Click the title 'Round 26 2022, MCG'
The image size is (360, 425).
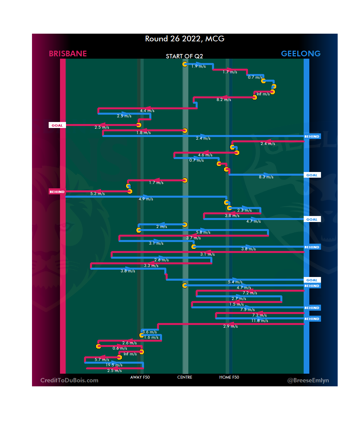coord(185,39)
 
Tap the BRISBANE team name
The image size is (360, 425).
coord(68,54)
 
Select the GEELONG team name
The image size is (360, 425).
coord(301,54)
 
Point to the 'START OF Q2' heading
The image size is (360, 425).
coord(184,56)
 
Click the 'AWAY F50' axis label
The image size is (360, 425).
coord(140,377)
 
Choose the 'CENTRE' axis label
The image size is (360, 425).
coord(185,377)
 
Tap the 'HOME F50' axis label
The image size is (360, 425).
coord(229,377)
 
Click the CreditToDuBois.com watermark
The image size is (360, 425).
coord(69,380)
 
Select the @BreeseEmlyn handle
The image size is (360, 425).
coord(308,380)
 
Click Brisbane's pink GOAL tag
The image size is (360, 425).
coord(57,125)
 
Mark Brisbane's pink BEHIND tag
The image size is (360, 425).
coord(57,192)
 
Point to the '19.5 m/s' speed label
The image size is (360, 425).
coord(114,365)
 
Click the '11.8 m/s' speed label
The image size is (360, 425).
coord(260,321)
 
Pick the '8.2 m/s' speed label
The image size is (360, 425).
coord(224,100)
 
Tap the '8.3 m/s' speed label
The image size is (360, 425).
coord(266,177)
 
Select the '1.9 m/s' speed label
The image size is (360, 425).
coord(198,66)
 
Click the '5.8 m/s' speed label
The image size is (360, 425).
coord(203,232)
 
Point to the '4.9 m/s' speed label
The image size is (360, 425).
coord(146,199)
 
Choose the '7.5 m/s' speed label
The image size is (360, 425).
coord(247,310)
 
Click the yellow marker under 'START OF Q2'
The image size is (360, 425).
coord(185,64)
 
